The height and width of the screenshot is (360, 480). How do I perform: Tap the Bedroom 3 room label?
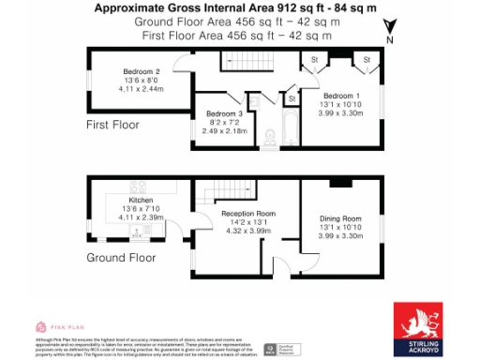coord(224,114)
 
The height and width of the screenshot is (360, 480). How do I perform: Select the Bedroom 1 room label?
coord(342,96)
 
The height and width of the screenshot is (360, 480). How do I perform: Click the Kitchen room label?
coord(141,200)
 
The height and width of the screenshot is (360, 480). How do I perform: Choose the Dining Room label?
coord(340,217)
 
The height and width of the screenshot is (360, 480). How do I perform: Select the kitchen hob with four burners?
coord(138,186)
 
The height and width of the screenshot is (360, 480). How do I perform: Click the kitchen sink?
coord(141,231)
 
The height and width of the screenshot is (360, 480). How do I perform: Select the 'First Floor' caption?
coord(112,125)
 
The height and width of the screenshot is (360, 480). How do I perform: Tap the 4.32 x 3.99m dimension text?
coord(247,231)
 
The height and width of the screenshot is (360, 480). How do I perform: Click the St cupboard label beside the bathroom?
coord(292,97)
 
